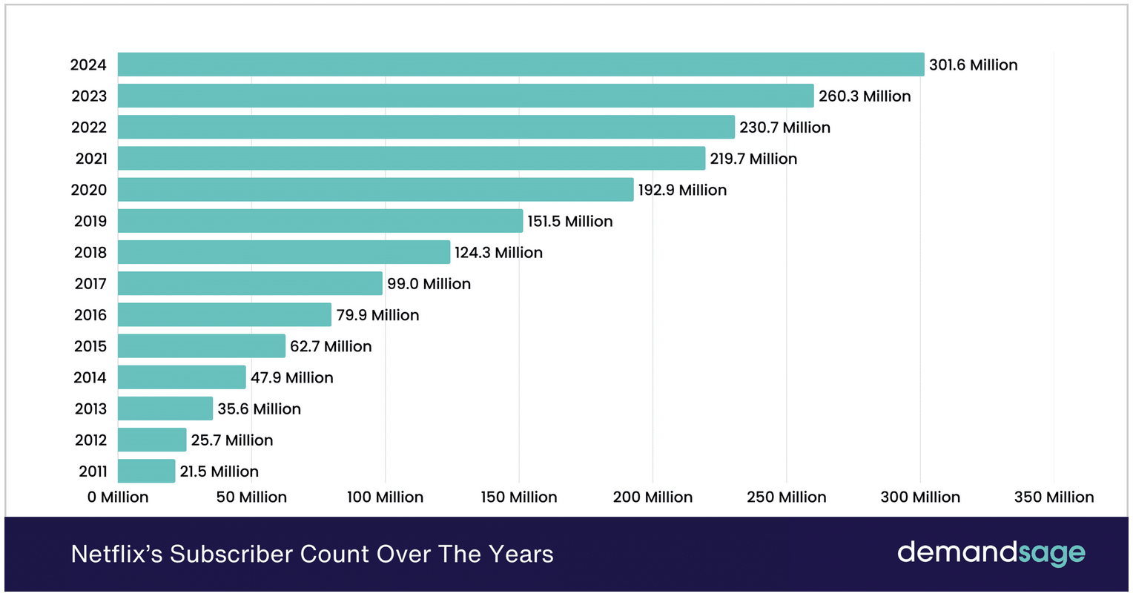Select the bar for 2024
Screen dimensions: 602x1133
[521, 64]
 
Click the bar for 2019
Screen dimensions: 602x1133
[320, 221]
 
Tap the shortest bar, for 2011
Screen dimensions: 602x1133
[146, 471]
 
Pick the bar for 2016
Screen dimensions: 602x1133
[224, 314]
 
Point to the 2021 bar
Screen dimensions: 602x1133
[411, 158]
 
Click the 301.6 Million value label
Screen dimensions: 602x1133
[973, 65]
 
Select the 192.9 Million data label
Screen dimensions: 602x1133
[682, 191]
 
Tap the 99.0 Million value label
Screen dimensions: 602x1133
[429, 284]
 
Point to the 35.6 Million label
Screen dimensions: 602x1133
[259, 409]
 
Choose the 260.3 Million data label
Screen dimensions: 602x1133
[865, 96]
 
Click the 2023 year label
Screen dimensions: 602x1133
[89, 96]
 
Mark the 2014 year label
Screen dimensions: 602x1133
[90, 378]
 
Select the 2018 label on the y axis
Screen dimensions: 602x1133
[90, 253]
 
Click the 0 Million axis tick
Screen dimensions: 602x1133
[118, 497]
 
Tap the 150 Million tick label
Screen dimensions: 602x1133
[519, 497]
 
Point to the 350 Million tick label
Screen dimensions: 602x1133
[1054, 497]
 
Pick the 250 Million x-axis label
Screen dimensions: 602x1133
[787, 497]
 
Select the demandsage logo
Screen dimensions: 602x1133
[991, 553]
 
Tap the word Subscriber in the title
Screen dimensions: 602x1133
[231, 555]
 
